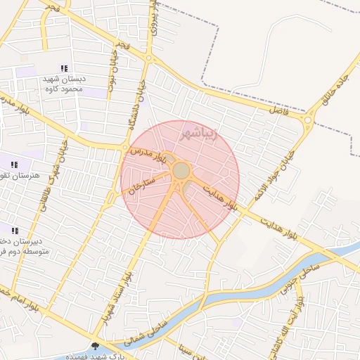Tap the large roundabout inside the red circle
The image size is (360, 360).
pos(181,171)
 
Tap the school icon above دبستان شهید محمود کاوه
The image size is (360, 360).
pos(64,69)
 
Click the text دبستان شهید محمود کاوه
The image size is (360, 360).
pos(64,84)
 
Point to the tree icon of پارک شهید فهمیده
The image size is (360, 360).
pos(96,345)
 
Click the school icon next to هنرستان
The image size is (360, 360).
pos(15,165)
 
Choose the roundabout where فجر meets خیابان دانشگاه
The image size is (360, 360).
pos(149,58)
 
